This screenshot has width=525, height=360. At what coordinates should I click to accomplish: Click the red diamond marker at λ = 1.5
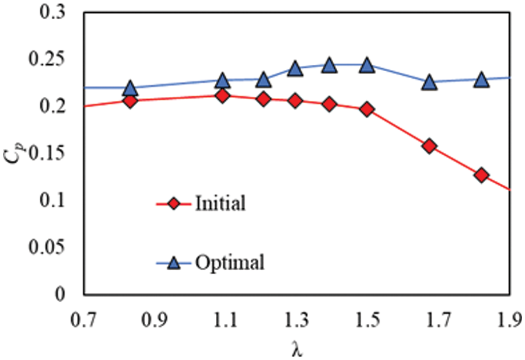(x=367, y=109)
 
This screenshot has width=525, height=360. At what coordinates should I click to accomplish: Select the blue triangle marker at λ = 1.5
(x=367, y=65)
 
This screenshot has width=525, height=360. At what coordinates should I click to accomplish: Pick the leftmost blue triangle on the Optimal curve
(x=130, y=89)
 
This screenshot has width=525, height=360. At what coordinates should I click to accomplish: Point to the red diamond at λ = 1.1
(x=222, y=95)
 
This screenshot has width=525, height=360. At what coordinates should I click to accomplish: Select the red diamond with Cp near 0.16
(x=429, y=146)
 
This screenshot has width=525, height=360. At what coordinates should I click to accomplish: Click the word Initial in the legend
(x=220, y=204)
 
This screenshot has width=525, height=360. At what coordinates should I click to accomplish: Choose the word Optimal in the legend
(x=230, y=263)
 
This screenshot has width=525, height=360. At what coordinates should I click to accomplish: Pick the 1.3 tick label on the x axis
(x=297, y=319)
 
